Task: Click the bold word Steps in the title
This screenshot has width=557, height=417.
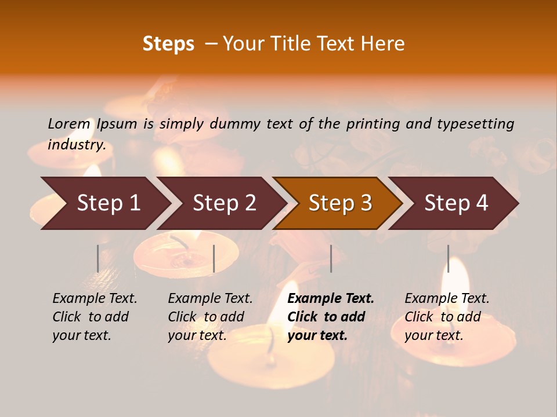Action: [168, 44]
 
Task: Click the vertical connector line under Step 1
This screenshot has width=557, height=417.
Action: [97, 258]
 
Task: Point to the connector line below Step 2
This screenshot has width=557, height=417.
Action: [214, 258]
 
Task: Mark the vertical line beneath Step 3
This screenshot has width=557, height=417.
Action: [331, 258]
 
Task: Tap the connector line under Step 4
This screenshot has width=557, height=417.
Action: [448, 258]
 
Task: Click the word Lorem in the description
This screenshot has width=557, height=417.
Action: [69, 123]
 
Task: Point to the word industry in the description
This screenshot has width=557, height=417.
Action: [77, 145]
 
